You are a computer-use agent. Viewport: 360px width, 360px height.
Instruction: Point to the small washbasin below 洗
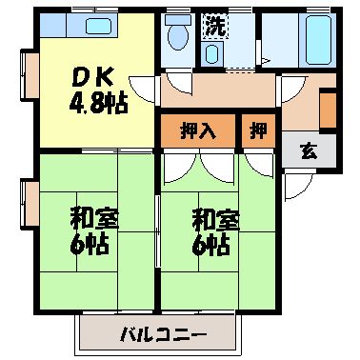(x=210, y=53)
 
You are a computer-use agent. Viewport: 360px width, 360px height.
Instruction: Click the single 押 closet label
(x=257, y=130)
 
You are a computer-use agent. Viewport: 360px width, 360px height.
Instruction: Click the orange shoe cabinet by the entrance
(x=329, y=110)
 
